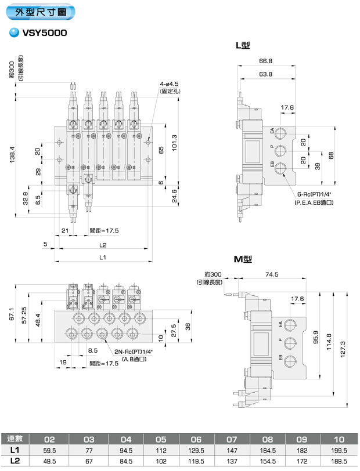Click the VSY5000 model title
point(45,33)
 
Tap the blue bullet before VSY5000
point(13,33)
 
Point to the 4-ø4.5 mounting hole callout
point(170,85)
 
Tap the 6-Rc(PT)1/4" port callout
point(314,194)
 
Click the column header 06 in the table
point(196,439)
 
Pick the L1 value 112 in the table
point(161,450)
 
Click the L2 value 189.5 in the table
point(338,461)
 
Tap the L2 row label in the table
point(15,461)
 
